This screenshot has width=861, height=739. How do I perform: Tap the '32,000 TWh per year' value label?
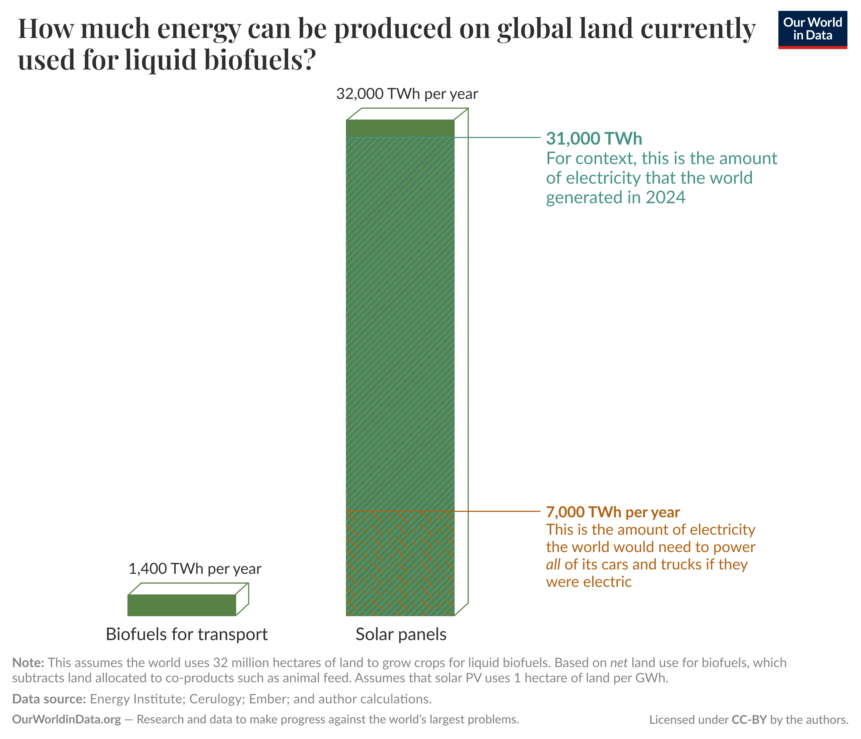click(x=407, y=94)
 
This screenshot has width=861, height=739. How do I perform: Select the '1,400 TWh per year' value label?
click(x=195, y=568)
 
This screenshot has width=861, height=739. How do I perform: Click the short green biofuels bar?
click(x=182, y=605)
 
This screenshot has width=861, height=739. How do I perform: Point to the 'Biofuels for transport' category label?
click(x=187, y=634)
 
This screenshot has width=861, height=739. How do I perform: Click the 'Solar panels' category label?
click(x=400, y=634)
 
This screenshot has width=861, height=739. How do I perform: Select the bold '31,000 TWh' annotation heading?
click(x=594, y=139)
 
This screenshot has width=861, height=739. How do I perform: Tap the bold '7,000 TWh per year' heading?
click(x=612, y=512)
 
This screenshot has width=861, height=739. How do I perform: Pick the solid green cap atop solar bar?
click(x=400, y=128)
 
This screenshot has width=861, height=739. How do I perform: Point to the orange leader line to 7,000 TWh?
click(x=499, y=511)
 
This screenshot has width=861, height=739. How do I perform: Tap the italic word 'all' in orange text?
click(x=553, y=564)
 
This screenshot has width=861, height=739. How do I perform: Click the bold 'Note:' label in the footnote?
click(x=28, y=662)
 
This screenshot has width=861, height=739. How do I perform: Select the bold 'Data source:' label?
click(x=49, y=699)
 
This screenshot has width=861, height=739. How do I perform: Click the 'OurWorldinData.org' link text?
click(x=66, y=719)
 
